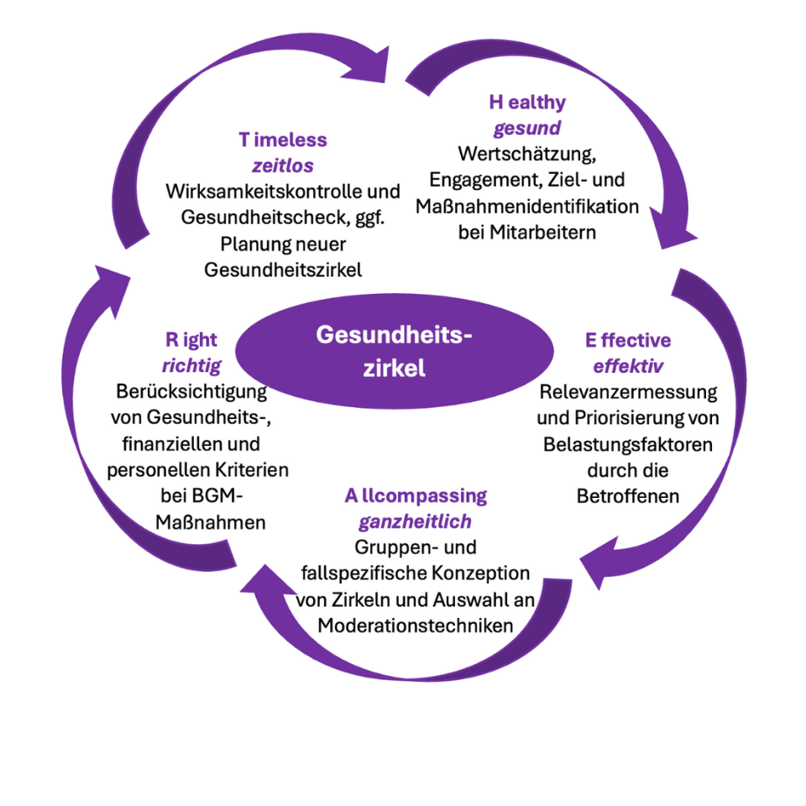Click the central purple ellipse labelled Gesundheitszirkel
click(395, 351)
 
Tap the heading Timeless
click(282, 139)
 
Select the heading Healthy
click(527, 102)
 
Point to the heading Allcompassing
click(416, 495)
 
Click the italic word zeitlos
click(283, 165)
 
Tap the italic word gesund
click(527, 129)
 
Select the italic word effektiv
click(628, 366)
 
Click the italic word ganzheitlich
click(416, 522)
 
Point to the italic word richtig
click(191, 365)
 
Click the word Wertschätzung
click(527, 154)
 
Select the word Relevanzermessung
click(628, 392)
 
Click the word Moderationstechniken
click(415, 625)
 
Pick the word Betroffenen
click(628, 495)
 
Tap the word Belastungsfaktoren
click(628, 444)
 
